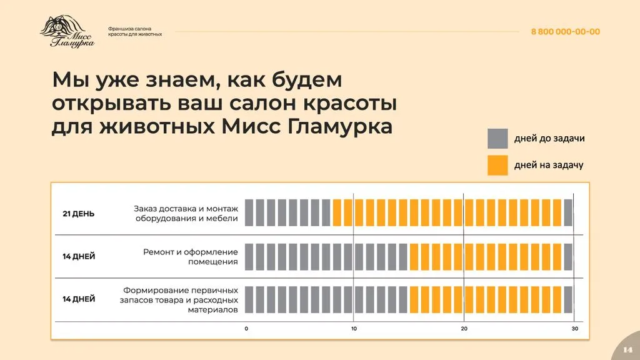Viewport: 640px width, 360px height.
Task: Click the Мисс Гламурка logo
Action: (67, 32)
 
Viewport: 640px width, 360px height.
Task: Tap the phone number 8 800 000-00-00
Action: (565, 32)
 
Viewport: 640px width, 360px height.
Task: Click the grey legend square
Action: (497, 138)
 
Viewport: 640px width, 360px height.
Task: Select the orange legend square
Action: (497, 165)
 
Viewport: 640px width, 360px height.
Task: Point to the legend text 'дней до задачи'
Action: (549, 138)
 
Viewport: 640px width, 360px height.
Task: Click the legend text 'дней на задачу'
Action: (549, 165)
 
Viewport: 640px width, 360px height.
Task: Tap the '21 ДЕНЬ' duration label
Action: (79, 214)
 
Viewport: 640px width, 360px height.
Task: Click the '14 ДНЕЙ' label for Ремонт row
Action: (79, 256)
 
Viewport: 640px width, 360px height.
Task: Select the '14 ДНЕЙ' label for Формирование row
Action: (79, 299)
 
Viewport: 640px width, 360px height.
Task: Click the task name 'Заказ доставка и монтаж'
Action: (186, 208)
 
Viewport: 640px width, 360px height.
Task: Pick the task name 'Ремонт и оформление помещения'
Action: (190, 256)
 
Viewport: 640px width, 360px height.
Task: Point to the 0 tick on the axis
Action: (246, 329)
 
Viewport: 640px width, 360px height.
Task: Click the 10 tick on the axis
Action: (354, 329)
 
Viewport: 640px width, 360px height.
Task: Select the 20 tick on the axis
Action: (464, 329)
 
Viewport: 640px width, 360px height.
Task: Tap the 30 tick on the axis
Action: (574, 329)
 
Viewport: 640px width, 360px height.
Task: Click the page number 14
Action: (628, 349)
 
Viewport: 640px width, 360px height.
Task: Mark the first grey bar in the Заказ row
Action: (249, 212)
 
